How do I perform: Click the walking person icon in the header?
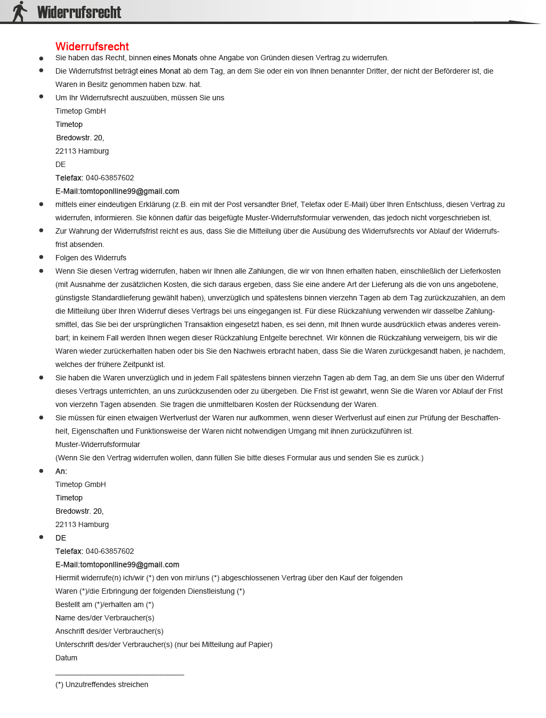point(20,11)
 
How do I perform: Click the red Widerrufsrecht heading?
point(92,46)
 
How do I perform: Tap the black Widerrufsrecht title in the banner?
point(79,12)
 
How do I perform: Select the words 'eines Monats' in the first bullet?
point(175,58)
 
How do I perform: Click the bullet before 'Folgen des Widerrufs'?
point(41,257)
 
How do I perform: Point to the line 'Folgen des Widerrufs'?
point(91,258)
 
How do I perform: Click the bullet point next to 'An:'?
point(41,470)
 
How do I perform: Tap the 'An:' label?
point(61,471)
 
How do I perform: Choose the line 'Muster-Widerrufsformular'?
point(98,444)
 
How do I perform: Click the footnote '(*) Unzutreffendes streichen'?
point(102,684)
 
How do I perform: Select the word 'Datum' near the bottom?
point(66,658)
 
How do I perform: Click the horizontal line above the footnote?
point(119,675)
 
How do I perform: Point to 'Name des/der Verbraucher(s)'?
point(105,618)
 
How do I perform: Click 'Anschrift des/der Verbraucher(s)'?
point(109,631)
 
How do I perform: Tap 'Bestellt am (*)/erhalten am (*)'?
point(105,604)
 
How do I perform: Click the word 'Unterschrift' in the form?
point(75,644)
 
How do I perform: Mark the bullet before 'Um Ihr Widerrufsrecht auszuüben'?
point(41,97)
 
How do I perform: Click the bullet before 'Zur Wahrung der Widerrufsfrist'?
point(41,230)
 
